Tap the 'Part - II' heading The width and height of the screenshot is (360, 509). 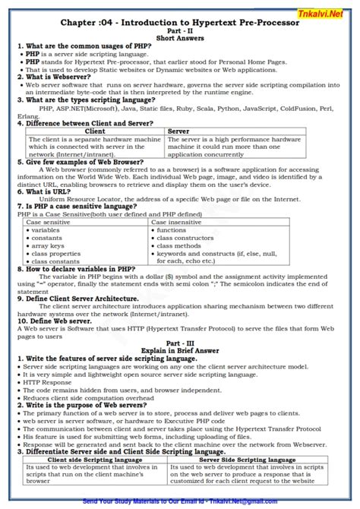tap(180, 33)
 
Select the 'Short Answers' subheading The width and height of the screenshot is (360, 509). tap(179, 41)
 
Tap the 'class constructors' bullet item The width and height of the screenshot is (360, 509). tap(187, 237)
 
